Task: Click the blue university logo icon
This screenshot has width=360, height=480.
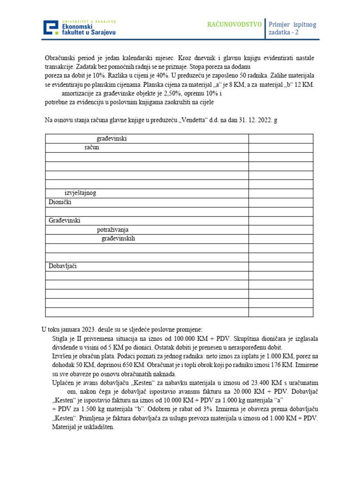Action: click(51, 28)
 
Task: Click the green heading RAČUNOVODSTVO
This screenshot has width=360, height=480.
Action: click(234, 24)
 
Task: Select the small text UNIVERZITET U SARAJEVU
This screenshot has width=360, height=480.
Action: click(89, 22)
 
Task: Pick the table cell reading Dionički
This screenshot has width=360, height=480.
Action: click(60, 202)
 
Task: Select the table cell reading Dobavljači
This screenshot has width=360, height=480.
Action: click(62, 266)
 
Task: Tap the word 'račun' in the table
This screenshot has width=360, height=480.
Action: click(92, 147)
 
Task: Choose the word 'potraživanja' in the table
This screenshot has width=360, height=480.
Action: click(112, 230)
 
